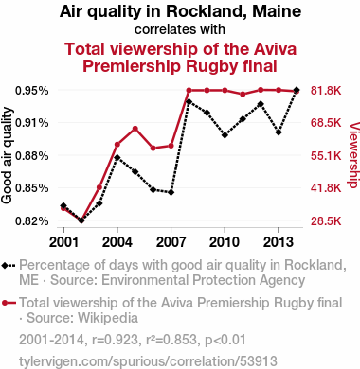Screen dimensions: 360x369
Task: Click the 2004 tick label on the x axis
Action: (117, 242)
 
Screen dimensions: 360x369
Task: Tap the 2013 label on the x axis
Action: (279, 242)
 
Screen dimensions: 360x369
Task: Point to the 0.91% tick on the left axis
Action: (32, 123)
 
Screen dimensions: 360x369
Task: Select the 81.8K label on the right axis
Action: (326, 91)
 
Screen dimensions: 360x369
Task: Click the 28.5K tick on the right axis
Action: (326, 220)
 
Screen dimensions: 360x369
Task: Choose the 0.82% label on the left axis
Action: (32, 220)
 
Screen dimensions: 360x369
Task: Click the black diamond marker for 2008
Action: (189, 101)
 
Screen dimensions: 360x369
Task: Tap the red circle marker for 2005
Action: (135, 129)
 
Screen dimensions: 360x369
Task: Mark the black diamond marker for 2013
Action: (279, 132)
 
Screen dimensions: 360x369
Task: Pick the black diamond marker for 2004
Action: (117, 157)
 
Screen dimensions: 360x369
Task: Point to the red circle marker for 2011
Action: (243, 94)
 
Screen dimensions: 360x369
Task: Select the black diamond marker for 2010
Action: (225, 135)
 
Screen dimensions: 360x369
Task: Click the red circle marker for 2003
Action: (99, 187)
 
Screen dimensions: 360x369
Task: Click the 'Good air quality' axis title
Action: (7, 155)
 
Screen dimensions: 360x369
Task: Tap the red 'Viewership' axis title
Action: (353, 155)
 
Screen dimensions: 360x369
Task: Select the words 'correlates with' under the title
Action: (180, 29)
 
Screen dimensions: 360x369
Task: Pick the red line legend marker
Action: (9, 303)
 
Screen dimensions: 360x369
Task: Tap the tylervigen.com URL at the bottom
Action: (148, 361)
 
